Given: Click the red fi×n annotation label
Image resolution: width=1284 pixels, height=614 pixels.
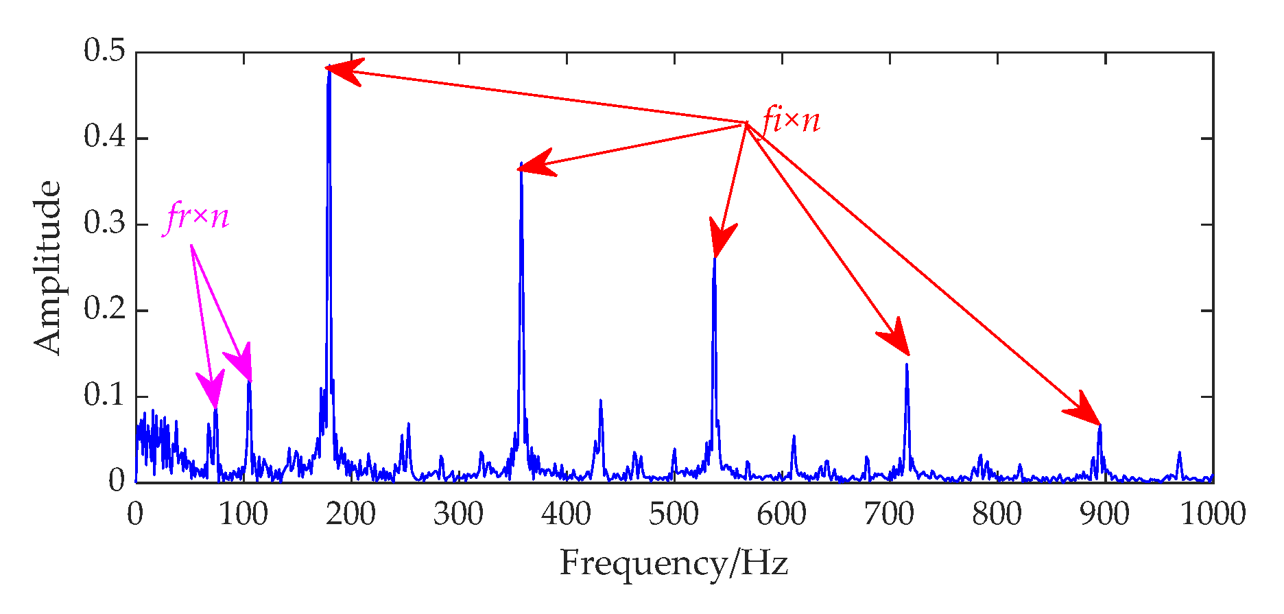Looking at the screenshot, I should pos(791,121).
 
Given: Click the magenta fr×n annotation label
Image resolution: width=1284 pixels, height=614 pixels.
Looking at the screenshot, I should pos(198,217).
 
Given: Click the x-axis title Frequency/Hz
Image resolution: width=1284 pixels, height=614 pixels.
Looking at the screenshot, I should pos(674,564).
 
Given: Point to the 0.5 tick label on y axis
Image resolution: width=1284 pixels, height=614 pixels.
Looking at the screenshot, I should pos(104,51).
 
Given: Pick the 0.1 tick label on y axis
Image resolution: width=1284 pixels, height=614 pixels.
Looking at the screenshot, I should pos(104,396).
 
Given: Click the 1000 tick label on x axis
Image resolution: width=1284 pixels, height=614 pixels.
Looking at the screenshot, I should pos(1212,515).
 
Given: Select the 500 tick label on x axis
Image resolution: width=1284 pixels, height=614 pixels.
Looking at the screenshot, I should pos(674,515).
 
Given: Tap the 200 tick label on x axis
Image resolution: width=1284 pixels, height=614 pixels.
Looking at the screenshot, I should pos(351,515).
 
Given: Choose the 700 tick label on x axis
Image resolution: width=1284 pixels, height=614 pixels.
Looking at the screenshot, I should pos(890,515).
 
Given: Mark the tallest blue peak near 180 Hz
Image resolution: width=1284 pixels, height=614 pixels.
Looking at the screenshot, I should pos(329,67).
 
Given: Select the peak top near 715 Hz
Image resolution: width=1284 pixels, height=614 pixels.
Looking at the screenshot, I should pos(907,364).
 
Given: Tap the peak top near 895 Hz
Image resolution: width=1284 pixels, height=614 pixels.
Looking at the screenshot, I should pos(1099,425).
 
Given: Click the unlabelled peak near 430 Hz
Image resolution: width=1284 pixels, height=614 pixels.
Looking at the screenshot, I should pos(600,400).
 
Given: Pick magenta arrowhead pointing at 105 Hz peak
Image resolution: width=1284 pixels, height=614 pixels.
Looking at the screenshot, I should pos(240,362).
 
